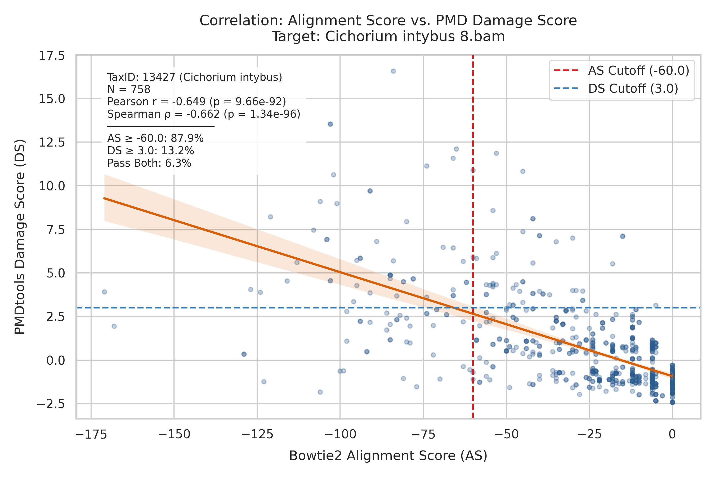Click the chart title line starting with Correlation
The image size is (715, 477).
click(x=388, y=21)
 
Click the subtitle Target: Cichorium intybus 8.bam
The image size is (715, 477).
click(x=388, y=37)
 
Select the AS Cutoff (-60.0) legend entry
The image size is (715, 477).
click(x=622, y=70)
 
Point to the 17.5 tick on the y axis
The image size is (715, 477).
click(x=52, y=56)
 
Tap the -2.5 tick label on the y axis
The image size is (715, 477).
click(x=51, y=404)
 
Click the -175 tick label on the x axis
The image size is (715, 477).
click(x=91, y=434)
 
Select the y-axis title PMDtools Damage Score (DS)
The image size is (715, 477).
click(x=20, y=237)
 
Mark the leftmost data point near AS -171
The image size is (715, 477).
click(x=104, y=292)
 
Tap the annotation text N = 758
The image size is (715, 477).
click(x=129, y=90)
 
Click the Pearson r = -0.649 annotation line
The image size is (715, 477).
click(x=197, y=101)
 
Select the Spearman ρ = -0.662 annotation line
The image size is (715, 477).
click(x=204, y=114)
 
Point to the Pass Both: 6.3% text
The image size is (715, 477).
click(x=149, y=163)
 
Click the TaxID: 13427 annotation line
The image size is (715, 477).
click(x=195, y=77)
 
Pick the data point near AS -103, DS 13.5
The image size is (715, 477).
click(x=330, y=124)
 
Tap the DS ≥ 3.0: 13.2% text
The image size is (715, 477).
click(x=150, y=151)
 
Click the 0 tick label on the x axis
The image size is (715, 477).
click(x=672, y=434)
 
